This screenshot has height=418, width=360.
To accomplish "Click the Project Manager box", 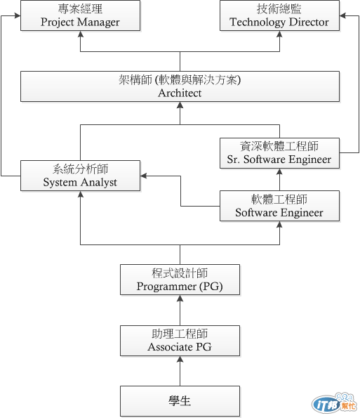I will point(80,15).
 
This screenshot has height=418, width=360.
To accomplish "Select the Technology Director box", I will point(279,15).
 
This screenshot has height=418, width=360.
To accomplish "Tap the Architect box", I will point(180,86).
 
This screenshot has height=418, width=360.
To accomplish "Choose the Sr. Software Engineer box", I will point(279,153).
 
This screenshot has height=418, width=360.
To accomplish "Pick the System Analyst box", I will point(80,176).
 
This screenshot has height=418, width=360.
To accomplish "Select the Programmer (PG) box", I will point(180,280).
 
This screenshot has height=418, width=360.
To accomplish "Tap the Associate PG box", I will point(180,341).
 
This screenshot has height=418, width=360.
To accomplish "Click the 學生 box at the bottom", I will point(180,401).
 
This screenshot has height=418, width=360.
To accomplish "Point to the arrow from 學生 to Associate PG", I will point(180,371).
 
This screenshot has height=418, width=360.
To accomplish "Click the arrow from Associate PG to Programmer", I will point(180,310).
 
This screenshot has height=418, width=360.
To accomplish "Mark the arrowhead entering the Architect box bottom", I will point(180,106).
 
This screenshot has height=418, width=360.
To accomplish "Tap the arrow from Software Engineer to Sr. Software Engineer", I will point(279,180).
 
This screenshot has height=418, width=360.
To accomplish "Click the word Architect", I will point(180,93).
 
